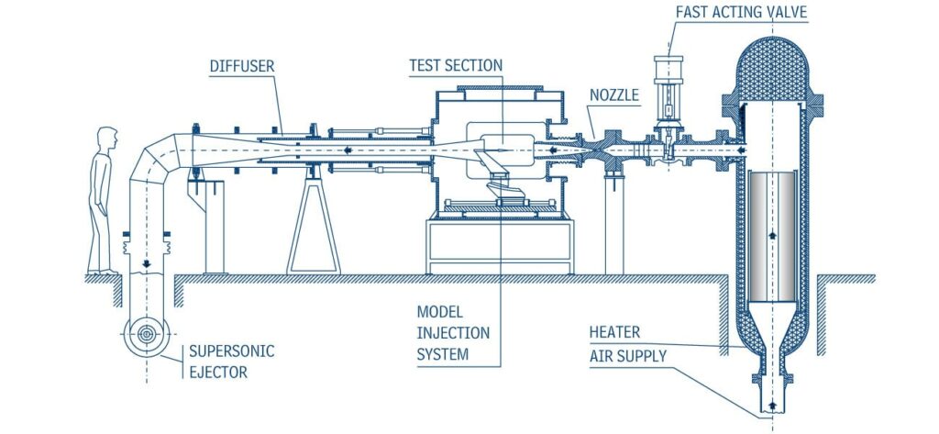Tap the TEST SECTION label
pyautogui.click(x=455, y=65)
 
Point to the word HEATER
pyautogui.click(x=615, y=332)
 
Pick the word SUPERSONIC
pyautogui.click(x=221, y=351)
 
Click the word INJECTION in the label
pyautogui.click(x=453, y=332)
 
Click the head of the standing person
pyautogui.click(x=108, y=138)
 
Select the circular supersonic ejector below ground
pyautogui.click(x=146, y=337)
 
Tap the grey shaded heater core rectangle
pyautogui.click(x=772, y=235)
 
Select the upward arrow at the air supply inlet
pyautogui.click(x=772, y=404)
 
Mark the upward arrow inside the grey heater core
pyautogui.click(x=772, y=235)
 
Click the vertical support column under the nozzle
pyautogui.click(x=613, y=225)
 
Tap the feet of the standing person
pyautogui.click(x=104, y=271)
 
